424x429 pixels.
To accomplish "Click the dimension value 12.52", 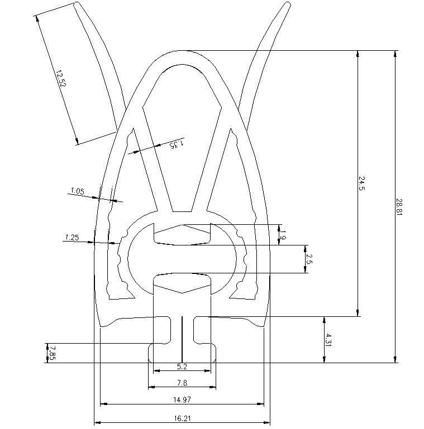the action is tap(61, 78).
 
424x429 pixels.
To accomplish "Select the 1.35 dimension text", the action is tap(177, 143).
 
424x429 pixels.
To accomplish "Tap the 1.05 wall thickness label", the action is tap(78, 191).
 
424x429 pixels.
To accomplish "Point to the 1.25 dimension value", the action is tap(72, 237).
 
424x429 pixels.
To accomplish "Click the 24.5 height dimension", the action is tap(362, 184).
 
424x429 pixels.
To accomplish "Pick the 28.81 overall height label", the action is tap(399, 207).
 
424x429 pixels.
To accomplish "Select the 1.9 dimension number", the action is tap(283, 235).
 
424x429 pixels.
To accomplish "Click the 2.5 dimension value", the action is tap(309, 258).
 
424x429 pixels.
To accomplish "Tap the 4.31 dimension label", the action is tap(328, 340).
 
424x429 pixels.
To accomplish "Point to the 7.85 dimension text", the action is tap(52, 353).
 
